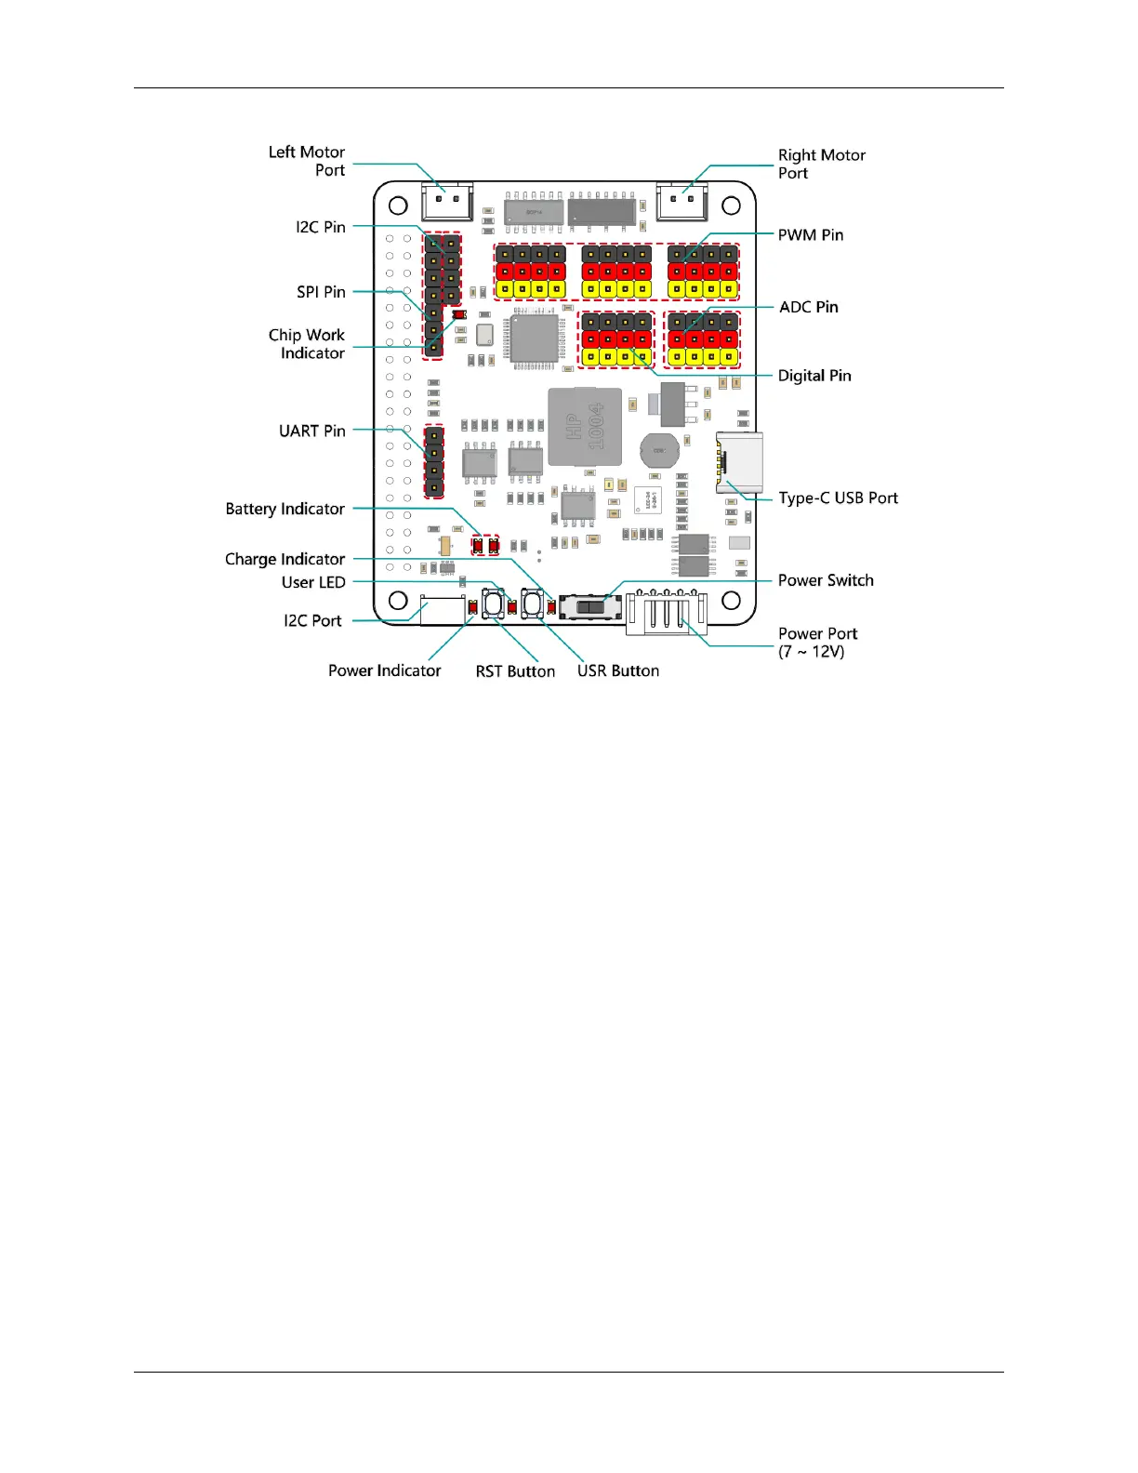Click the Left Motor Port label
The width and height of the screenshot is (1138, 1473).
(306, 161)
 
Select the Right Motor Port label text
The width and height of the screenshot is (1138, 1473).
(821, 164)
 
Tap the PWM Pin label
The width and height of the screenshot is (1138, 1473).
(810, 235)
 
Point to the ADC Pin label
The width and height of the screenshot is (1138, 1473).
(808, 307)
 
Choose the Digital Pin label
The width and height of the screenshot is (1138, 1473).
(814, 376)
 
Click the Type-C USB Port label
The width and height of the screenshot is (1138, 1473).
(838, 498)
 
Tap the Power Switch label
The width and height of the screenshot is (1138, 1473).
(825, 580)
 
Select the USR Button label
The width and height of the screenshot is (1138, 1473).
(617, 670)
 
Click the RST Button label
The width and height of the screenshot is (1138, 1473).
(515, 671)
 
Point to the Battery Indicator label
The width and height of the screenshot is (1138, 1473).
(284, 509)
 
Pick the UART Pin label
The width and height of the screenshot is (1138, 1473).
(311, 431)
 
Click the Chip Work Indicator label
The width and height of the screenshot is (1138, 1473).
(306, 344)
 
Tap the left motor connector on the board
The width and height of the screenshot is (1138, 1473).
(447, 201)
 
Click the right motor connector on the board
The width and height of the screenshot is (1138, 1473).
(681, 201)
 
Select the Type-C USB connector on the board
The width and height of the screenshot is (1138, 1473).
(738, 462)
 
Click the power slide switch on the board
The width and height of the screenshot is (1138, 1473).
(591, 607)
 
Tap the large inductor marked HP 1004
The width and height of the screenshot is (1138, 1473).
(584, 427)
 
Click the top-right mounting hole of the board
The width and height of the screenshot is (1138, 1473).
(731, 205)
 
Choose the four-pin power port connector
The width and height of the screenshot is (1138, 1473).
(666, 613)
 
